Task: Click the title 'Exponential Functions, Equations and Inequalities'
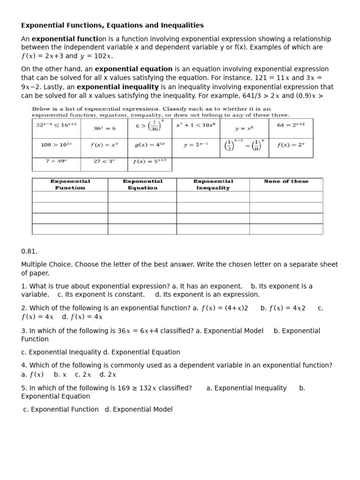point(112,25)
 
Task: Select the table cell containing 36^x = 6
point(104,128)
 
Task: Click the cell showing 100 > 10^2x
point(56,145)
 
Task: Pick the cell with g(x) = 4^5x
point(150,145)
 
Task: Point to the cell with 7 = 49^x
point(56,161)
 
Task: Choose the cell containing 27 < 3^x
point(104,161)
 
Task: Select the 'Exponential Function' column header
point(70,184)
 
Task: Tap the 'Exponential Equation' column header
point(142,184)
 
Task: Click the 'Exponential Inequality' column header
point(213,184)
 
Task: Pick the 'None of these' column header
point(286,181)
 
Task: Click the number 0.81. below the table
point(29,251)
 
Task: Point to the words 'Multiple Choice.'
point(46,264)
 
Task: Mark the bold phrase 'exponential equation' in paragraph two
point(134,69)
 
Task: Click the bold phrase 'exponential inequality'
point(118,87)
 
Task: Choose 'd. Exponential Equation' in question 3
point(142,352)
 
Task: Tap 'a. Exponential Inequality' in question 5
point(246,388)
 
